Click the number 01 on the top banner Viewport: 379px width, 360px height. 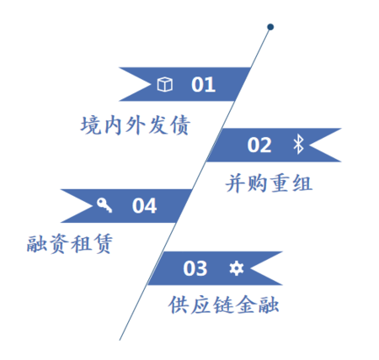point(203,84)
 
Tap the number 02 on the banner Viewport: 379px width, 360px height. point(259,145)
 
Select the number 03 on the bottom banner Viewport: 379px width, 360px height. point(195,268)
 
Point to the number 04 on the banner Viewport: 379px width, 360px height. point(144,206)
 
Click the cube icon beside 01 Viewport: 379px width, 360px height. point(164,84)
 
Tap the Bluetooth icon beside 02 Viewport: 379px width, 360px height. point(298,144)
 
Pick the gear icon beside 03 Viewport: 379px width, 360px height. point(237,268)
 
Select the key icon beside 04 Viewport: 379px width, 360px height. point(104,205)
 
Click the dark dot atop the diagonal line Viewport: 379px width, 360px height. point(270,27)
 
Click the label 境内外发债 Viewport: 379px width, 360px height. point(136,125)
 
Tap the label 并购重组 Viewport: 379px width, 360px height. point(269,183)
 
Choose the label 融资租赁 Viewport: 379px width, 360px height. point(70,244)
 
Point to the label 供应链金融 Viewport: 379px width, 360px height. point(223,304)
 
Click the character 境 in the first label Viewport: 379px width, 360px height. point(91,125)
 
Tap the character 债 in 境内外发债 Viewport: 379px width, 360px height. point(180,125)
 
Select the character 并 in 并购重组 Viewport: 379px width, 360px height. point(236,183)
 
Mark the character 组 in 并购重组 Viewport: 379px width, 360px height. point(302,183)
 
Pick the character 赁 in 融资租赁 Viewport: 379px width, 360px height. point(103,244)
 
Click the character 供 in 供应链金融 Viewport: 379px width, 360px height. point(179,304)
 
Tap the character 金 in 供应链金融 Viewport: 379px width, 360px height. point(246,304)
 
